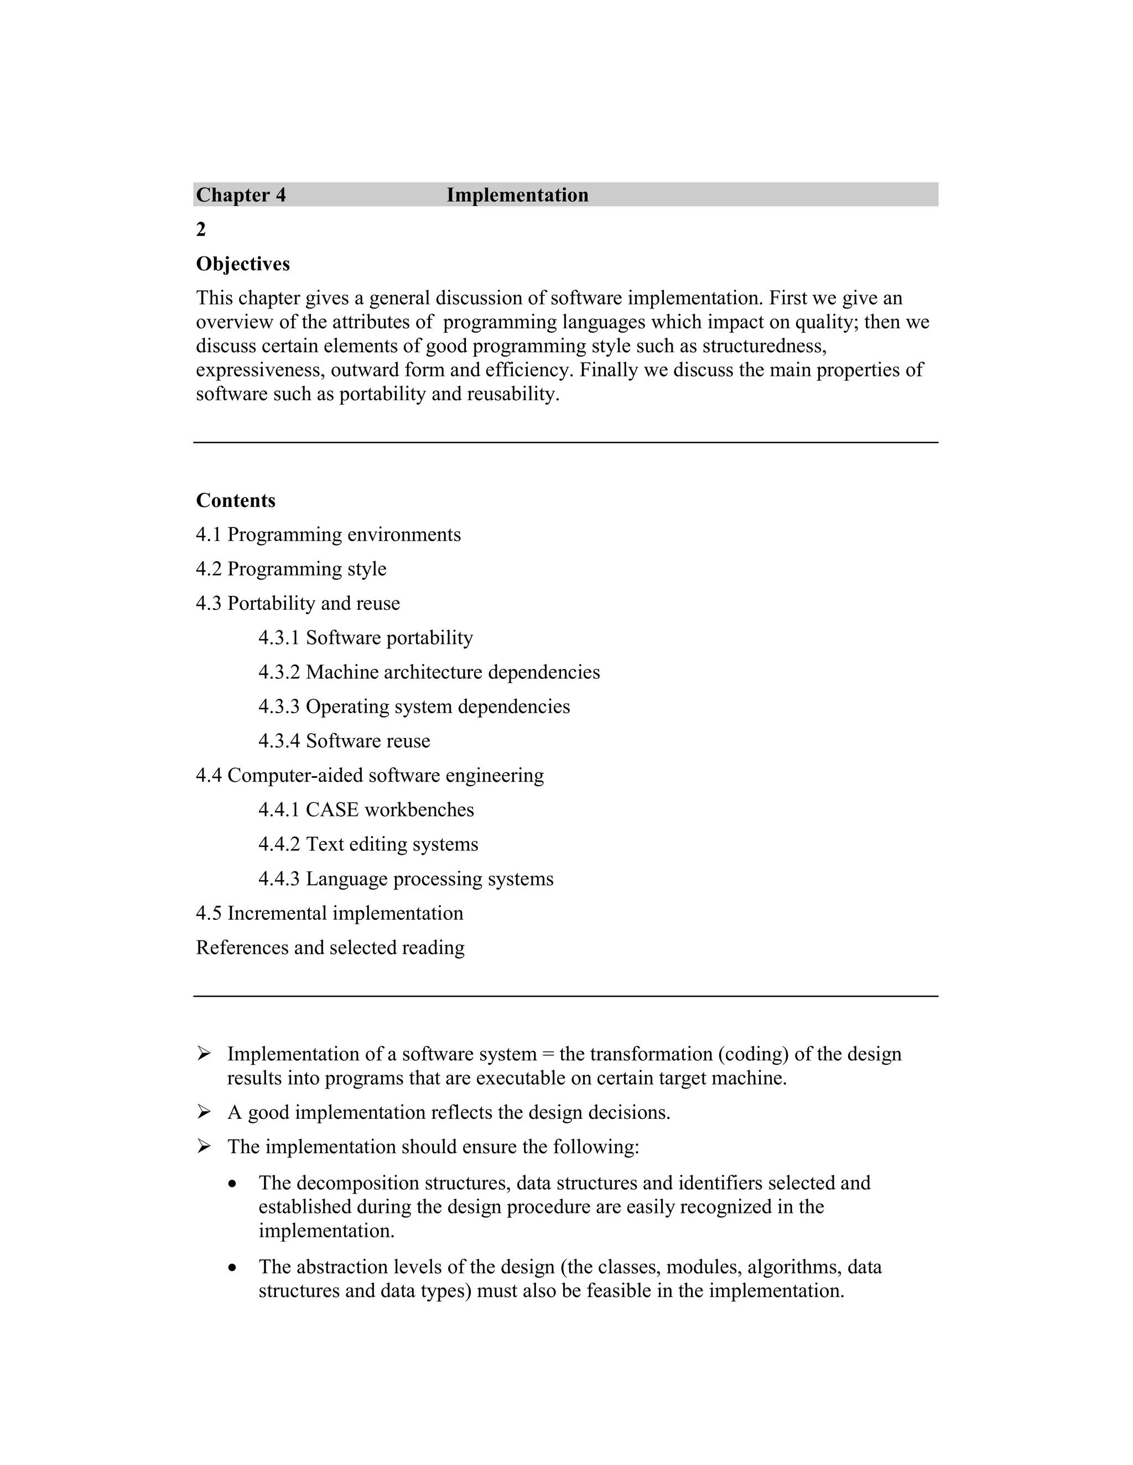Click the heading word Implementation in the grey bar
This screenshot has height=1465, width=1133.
(x=517, y=195)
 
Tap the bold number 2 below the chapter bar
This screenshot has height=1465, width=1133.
(x=201, y=229)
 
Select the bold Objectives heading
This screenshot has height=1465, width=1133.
(x=242, y=264)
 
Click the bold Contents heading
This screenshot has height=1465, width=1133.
(x=236, y=500)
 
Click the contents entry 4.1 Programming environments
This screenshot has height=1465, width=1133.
(x=328, y=535)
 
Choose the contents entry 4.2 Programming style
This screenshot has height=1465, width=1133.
(x=290, y=569)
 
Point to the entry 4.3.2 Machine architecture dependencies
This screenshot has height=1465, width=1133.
(x=429, y=672)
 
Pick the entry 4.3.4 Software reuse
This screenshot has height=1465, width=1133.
(x=344, y=741)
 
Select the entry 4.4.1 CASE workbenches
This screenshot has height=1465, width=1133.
(x=366, y=810)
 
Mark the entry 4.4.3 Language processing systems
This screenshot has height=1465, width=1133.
(x=406, y=879)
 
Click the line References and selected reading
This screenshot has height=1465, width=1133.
(x=330, y=947)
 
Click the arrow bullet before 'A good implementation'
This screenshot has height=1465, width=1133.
(x=204, y=1112)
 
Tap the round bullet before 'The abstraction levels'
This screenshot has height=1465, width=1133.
(x=232, y=1268)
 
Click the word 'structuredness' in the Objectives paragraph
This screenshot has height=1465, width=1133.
(x=764, y=346)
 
